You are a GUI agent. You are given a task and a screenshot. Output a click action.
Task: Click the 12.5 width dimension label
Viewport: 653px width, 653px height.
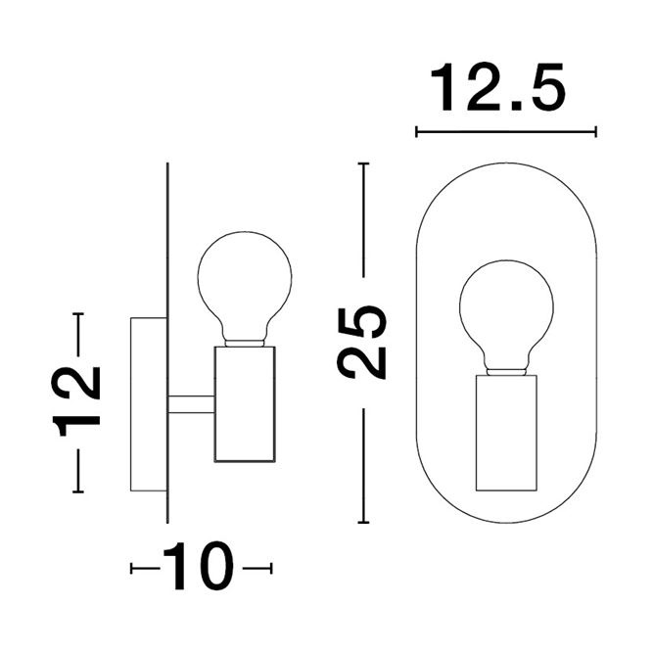497,87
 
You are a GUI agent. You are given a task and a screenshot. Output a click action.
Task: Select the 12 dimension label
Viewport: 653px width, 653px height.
76,401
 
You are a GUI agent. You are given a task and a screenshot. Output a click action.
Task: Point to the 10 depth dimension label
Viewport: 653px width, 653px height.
199,567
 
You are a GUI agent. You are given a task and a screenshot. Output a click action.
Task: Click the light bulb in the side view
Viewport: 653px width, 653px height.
245,289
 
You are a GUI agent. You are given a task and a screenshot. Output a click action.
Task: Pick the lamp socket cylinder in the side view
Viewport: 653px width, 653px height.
245,404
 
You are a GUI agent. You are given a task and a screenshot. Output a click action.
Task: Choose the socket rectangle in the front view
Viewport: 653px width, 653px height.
507,433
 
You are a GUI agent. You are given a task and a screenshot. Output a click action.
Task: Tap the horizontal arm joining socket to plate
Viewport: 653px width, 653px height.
191,404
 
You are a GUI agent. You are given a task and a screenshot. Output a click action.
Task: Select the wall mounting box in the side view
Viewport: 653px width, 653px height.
149,404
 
